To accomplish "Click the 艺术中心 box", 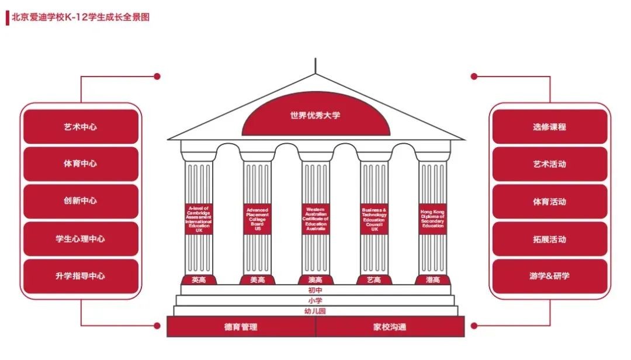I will click(81, 126).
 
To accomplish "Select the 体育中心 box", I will click(81, 164).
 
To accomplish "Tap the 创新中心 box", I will click(81, 201).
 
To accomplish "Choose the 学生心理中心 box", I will click(81, 238).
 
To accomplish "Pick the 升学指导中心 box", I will click(81, 276).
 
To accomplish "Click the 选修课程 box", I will click(549, 126).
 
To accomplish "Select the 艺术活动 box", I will click(549, 164).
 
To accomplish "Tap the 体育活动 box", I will click(549, 202).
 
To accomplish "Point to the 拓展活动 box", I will click(549, 239).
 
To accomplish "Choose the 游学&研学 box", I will click(549, 276).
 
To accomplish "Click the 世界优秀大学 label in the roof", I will click(315, 116).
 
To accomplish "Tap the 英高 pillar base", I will click(199, 280).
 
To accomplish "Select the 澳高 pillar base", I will click(315, 280).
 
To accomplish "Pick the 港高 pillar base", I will click(432, 280).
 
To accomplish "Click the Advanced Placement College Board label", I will click(257, 219).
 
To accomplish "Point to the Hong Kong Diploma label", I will click(432, 219).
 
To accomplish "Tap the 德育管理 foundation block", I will click(241, 327).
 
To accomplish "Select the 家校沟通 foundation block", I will click(390, 327).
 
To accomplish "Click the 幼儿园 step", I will click(315, 311).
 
